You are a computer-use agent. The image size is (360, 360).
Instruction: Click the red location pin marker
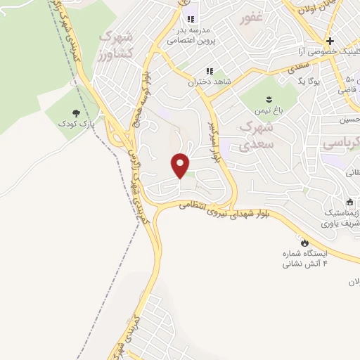coord(181,165)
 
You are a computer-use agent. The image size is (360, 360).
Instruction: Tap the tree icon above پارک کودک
coord(75,112)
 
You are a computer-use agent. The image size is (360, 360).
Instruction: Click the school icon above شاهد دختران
coord(209,71)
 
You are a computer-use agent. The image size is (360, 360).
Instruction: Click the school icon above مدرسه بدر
coord(189,20)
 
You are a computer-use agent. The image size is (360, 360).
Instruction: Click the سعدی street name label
coord(300,65)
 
